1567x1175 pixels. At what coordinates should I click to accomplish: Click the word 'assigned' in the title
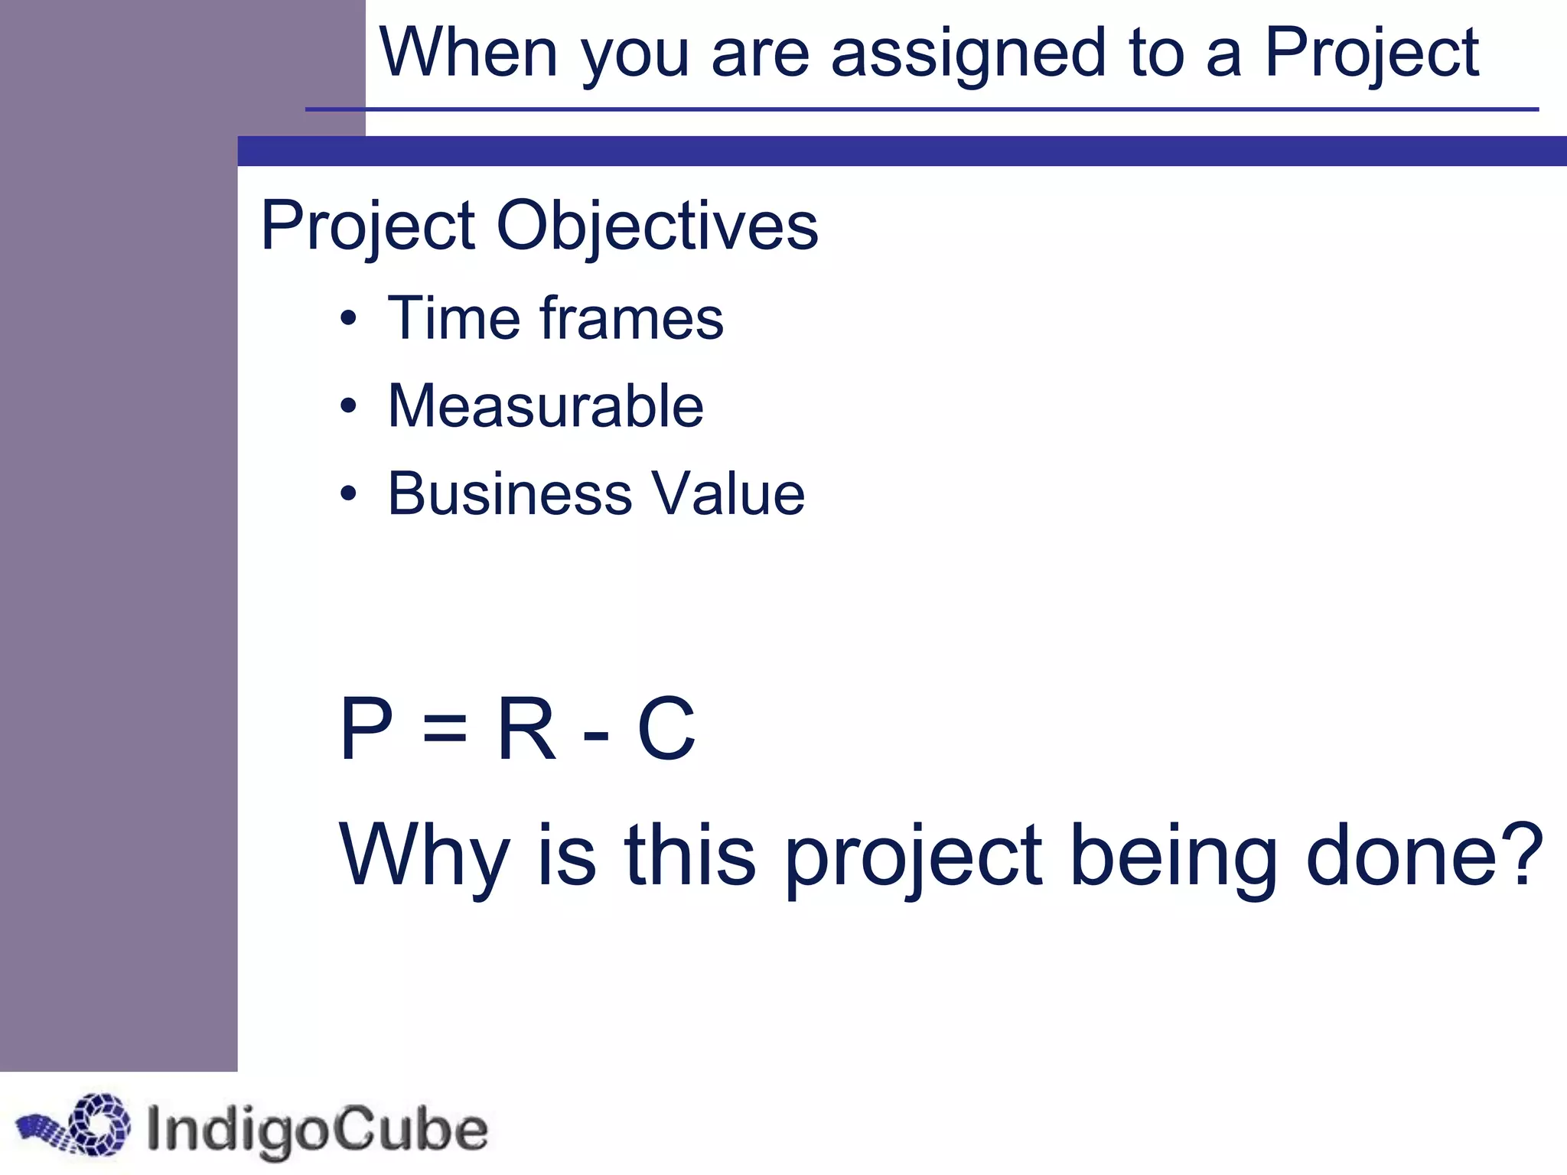968,54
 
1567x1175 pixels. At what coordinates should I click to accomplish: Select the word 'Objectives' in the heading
657,226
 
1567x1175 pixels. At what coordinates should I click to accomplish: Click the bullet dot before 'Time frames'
349,318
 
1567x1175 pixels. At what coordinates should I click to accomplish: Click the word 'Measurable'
546,406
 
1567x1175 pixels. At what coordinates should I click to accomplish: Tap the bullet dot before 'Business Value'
349,493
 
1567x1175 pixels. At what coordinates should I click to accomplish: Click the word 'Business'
510,493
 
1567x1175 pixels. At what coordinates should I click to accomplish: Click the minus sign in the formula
596,733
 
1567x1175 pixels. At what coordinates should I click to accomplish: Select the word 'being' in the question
1173,857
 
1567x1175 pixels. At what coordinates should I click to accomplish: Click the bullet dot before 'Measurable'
349,406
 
